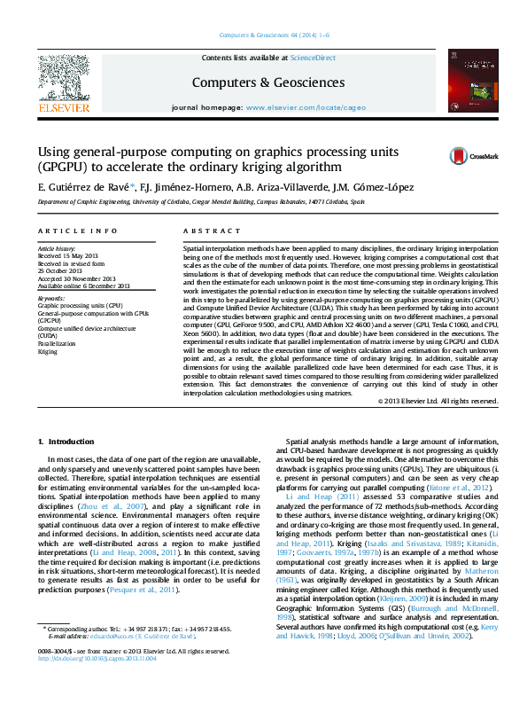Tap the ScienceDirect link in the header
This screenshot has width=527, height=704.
coord(314,57)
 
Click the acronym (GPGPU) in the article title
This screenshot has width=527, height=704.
coord(60,166)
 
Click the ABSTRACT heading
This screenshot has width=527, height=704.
coord(200,231)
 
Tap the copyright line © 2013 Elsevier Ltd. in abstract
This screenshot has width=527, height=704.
coord(438,401)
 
